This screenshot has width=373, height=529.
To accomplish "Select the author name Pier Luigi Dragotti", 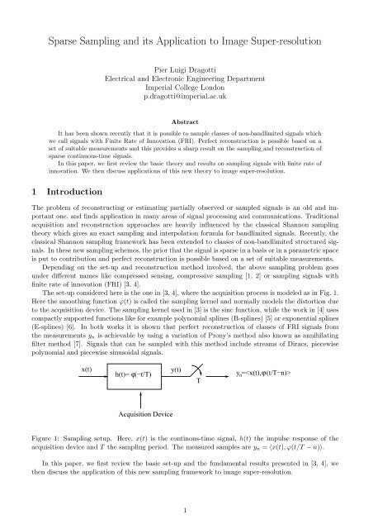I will (x=186, y=71).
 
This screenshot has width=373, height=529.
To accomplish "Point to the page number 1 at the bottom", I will (x=186, y=511).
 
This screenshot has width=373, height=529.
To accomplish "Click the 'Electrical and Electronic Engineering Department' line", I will (x=186, y=80).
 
